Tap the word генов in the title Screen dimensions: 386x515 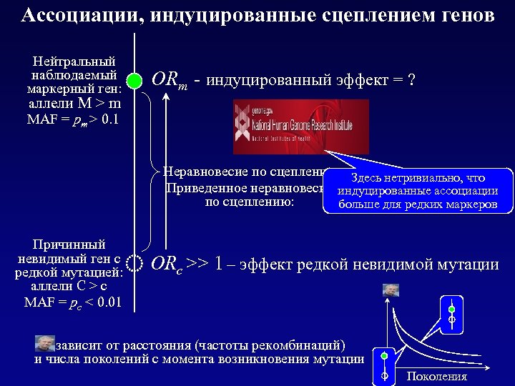[462, 15]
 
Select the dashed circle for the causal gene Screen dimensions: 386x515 [134, 265]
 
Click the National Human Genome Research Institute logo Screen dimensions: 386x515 [300, 126]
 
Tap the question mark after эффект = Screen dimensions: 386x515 [411, 79]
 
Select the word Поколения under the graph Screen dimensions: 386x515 [436, 377]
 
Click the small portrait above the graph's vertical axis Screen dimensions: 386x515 [391, 290]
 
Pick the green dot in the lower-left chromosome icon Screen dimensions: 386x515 [384, 355]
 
